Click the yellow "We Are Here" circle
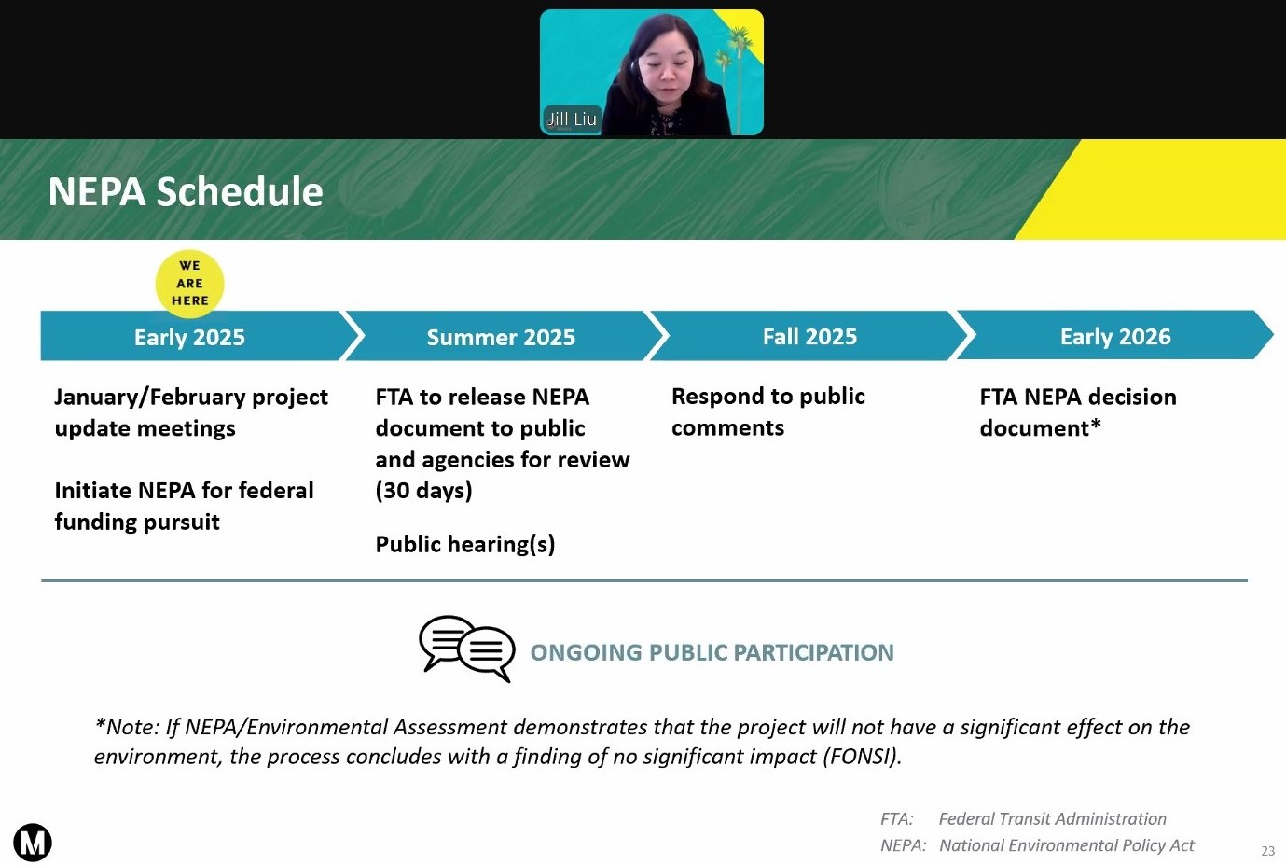(189, 284)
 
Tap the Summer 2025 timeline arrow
(505, 336)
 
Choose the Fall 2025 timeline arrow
(809, 336)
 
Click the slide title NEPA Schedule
(186, 191)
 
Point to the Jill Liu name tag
(572, 119)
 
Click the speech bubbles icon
(467, 649)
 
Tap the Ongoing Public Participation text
(712, 653)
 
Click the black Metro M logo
(33, 843)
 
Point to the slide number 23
(1267, 851)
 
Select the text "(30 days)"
(423, 491)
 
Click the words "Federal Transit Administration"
(1052, 818)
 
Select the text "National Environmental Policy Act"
(1067, 845)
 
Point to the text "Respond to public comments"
(768, 412)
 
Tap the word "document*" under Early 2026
(1041, 428)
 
